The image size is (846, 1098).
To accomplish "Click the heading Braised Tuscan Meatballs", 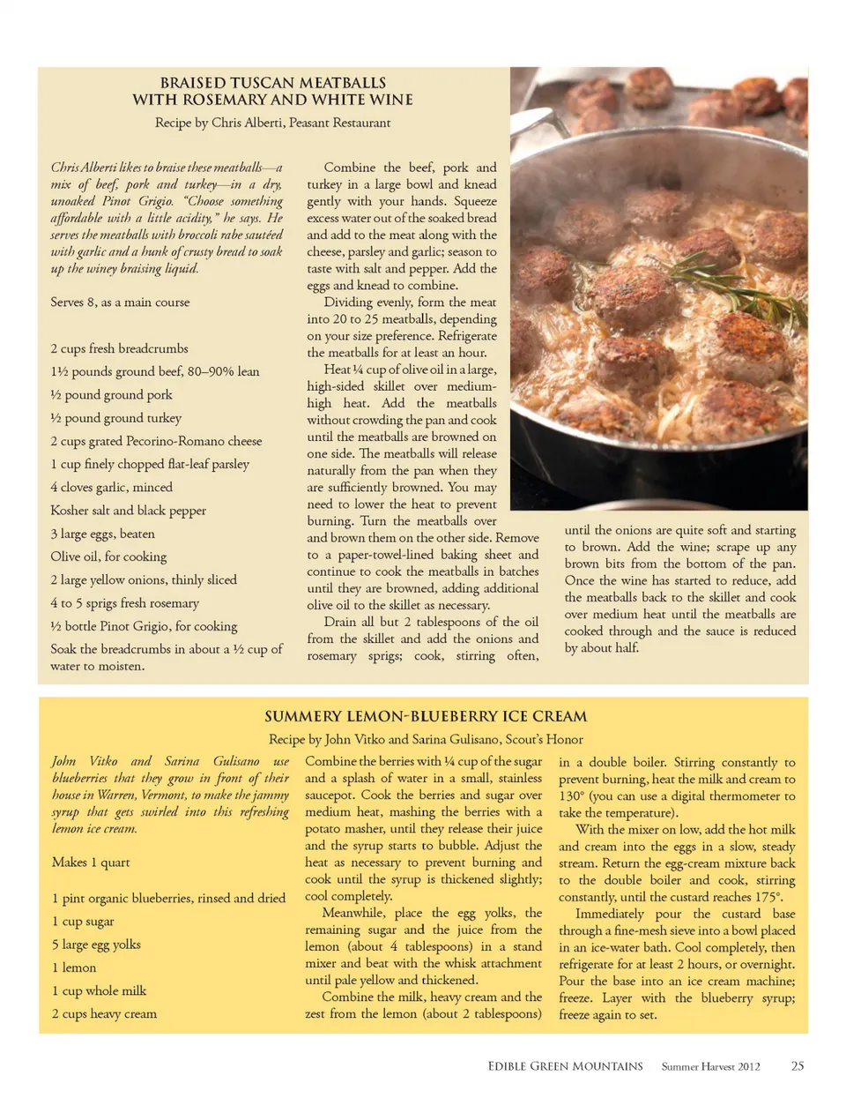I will click(272, 83).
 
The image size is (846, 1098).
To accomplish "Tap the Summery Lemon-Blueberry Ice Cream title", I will click(426, 716).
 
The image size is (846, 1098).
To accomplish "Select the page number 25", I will click(797, 1066).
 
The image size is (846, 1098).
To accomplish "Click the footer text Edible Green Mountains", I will click(565, 1066).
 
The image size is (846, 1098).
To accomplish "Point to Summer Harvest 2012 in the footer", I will click(710, 1066).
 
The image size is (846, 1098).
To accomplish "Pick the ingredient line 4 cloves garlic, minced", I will click(111, 487).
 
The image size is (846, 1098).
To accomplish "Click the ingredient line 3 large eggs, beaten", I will click(102, 534).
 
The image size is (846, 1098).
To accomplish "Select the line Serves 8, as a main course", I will click(120, 302).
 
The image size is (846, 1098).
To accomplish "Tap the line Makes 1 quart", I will click(91, 862).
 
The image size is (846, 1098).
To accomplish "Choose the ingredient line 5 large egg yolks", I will click(96, 945).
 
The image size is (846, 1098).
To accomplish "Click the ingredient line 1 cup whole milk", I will click(99, 990).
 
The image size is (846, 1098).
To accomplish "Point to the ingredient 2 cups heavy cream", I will click(104, 1013).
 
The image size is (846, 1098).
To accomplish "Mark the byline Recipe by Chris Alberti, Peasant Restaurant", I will click(272, 123).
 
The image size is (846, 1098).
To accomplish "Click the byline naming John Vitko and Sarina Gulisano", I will click(426, 739).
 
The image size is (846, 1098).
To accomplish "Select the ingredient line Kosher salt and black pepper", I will click(128, 510).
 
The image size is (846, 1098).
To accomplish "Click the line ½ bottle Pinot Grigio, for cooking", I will click(144, 626).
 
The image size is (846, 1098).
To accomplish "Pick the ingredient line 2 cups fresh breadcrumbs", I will click(119, 348).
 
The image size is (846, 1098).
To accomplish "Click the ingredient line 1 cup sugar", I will click(83, 921).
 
